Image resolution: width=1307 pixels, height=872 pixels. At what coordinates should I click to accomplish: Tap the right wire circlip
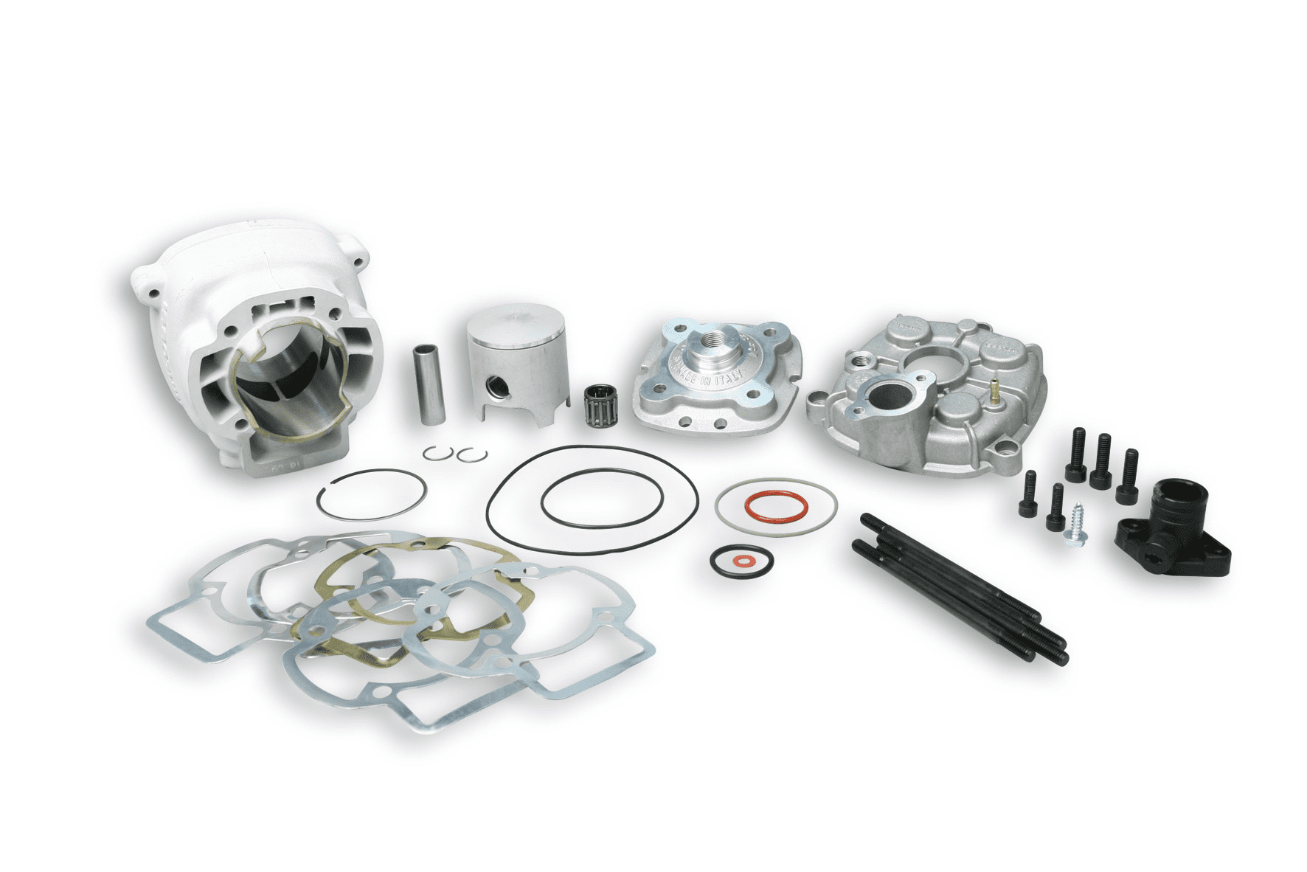(x=466, y=455)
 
